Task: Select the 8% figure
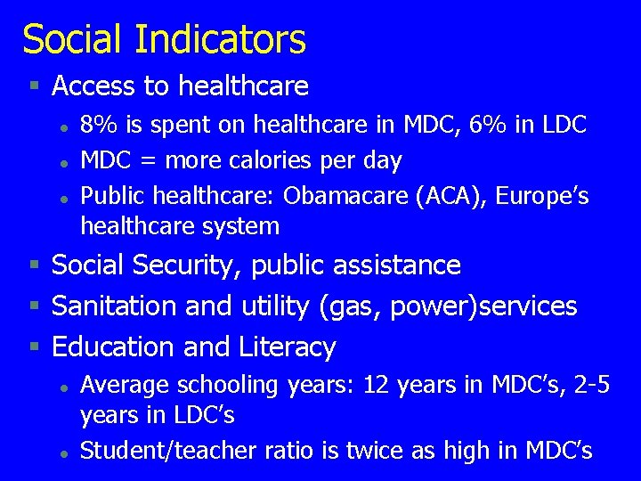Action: pos(96,125)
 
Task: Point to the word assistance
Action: pos(399,265)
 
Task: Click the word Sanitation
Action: pos(115,306)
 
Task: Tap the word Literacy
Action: pos(288,347)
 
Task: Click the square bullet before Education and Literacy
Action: pos(34,346)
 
